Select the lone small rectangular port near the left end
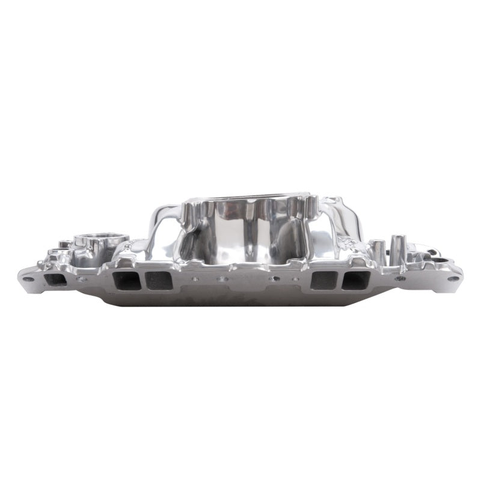(x=57, y=280)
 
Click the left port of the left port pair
(x=127, y=280)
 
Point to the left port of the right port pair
(x=323, y=280)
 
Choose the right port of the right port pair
(x=355, y=280)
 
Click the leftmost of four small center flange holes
(x=194, y=278)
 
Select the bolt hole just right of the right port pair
(x=399, y=278)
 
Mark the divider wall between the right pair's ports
(x=339, y=280)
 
